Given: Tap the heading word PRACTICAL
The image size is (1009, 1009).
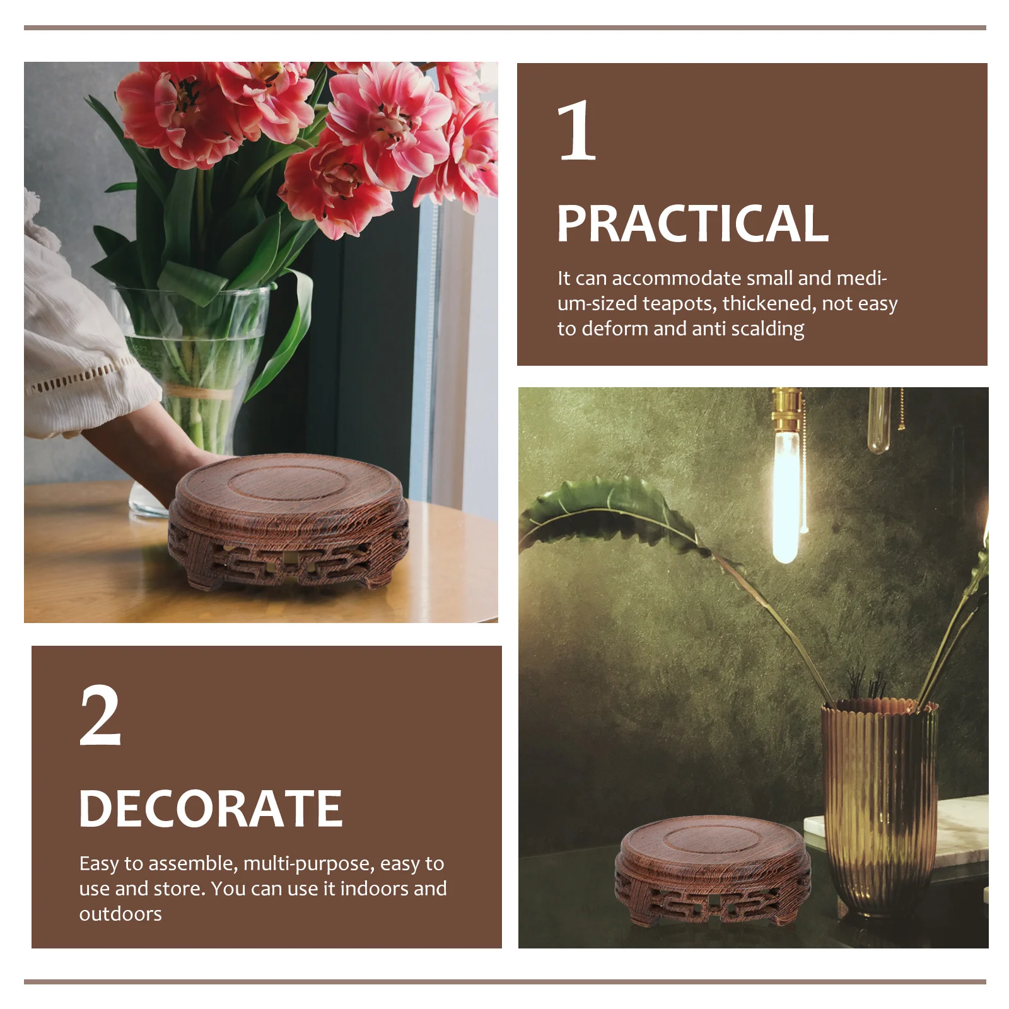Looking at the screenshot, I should click(x=692, y=224).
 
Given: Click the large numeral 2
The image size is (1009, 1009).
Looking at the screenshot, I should click(x=100, y=716).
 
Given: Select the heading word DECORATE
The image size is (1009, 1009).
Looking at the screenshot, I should click(x=211, y=809).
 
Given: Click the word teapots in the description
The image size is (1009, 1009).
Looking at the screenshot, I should click(x=679, y=304).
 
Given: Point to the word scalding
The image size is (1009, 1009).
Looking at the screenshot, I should click(x=767, y=329).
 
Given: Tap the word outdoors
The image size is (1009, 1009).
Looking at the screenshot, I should click(x=120, y=914).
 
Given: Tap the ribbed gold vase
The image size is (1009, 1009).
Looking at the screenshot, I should click(x=879, y=807).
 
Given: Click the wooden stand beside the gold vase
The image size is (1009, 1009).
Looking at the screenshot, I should click(x=713, y=870).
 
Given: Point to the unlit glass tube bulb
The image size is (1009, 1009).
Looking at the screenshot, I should click(x=879, y=419).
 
